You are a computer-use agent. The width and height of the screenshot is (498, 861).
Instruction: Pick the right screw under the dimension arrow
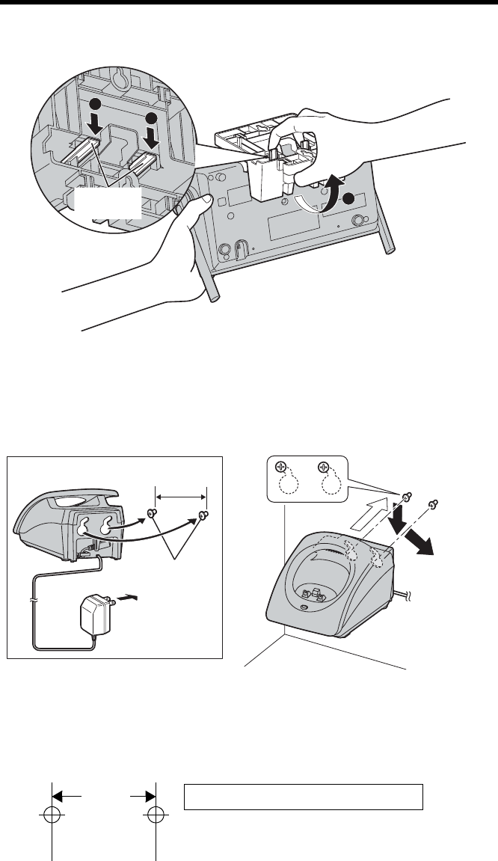[x=204, y=514]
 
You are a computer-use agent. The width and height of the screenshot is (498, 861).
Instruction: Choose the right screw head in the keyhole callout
[x=323, y=469]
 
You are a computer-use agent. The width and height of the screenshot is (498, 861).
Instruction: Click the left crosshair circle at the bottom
[x=52, y=814]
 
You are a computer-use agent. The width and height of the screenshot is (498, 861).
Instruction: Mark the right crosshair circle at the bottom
[x=155, y=814]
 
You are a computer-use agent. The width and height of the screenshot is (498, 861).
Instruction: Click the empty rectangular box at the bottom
[x=304, y=797]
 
